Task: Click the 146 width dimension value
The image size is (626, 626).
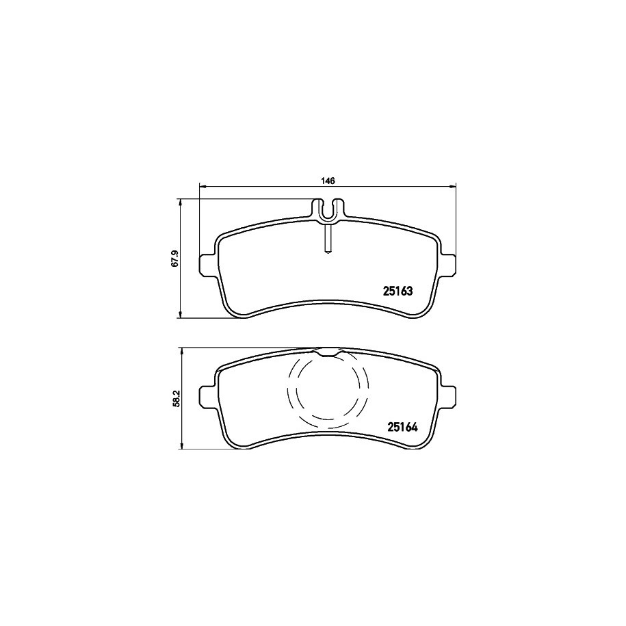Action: (x=328, y=181)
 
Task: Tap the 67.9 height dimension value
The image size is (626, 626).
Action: (x=174, y=259)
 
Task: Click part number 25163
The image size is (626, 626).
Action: (x=397, y=291)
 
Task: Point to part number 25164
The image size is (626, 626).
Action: (x=402, y=427)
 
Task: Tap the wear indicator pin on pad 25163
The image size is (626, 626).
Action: (x=328, y=239)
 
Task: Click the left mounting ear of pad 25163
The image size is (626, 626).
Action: (x=208, y=264)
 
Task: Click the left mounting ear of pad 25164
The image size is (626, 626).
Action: (x=208, y=396)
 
